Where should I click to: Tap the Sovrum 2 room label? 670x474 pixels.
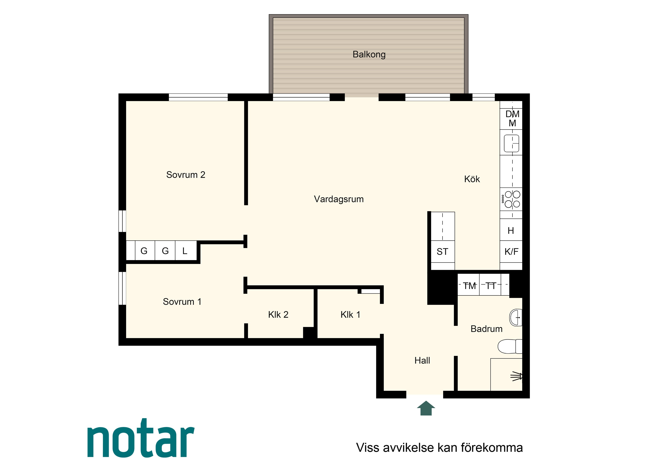(x=186, y=175)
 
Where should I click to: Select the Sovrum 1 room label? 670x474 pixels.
(x=182, y=301)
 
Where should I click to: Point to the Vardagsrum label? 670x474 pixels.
(x=339, y=199)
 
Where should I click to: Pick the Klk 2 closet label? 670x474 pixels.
(x=278, y=315)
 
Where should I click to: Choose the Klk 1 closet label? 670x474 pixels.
(x=350, y=315)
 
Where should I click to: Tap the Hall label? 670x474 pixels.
(x=422, y=360)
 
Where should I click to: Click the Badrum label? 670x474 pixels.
(x=486, y=329)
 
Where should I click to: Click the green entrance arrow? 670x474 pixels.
(x=426, y=408)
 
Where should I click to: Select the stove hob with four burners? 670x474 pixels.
(x=511, y=199)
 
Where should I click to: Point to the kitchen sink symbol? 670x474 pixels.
(x=511, y=143)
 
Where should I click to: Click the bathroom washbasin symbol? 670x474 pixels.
(x=516, y=317)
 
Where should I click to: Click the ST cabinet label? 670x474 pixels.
(x=442, y=252)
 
